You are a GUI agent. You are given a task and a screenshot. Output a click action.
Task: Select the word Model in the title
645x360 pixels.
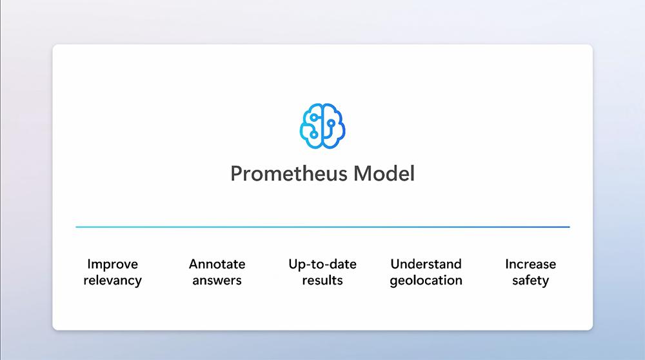click(x=384, y=173)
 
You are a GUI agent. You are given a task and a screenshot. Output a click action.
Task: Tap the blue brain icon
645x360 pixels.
click(x=322, y=126)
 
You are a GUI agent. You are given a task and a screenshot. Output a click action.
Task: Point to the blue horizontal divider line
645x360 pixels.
click(x=322, y=226)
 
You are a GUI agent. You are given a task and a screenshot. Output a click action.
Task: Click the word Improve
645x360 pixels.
click(x=112, y=264)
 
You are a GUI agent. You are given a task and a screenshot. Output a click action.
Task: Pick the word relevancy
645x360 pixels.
click(x=112, y=281)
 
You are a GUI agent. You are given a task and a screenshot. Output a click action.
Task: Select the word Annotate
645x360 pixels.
click(x=217, y=264)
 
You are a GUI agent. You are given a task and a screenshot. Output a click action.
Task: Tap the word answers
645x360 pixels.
click(x=217, y=281)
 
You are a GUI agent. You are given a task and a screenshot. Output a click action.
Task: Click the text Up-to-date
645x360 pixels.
click(x=322, y=264)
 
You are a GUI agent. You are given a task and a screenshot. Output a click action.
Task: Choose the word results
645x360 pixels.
click(x=322, y=280)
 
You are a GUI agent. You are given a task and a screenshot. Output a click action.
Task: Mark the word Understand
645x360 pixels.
click(x=426, y=264)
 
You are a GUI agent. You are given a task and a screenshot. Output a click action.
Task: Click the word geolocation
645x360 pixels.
click(x=426, y=281)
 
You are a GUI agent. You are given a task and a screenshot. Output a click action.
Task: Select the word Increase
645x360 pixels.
click(x=530, y=264)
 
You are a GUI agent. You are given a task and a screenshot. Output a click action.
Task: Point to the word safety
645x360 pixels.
click(x=530, y=281)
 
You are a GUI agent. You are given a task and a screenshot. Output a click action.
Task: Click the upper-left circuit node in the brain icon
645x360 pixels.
click(x=314, y=117)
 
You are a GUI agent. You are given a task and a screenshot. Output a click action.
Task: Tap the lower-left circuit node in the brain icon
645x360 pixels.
click(x=314, y=135)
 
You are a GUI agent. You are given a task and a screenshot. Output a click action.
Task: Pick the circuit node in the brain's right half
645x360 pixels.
click(x=331, y=123)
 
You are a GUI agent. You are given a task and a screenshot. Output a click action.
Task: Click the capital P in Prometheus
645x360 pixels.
click(x=237, y=174)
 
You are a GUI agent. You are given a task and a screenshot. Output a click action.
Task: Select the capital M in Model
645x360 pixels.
click(x=362, y=174)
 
